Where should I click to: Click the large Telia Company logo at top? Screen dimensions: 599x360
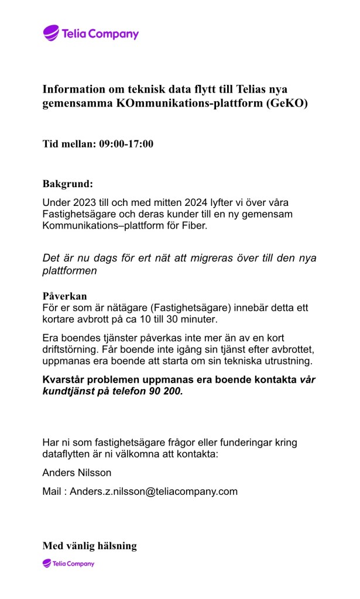click(x=91, y=33)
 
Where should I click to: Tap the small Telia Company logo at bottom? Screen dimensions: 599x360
click(x=68, y=563)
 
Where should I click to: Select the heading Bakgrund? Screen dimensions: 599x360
click(x=67, y=184)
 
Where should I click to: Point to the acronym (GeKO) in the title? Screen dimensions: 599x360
click(x=287, y=104)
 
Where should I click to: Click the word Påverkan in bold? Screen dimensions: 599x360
click(x=64, y=296)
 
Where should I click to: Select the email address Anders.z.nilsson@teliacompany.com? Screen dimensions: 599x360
click(x=154, y=491)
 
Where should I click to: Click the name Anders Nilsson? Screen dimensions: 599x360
click(x=68, y=473)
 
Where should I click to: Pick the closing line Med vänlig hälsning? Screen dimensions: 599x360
click(x=89, y=546)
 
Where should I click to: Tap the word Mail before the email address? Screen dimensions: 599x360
click(x=52, y=491)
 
